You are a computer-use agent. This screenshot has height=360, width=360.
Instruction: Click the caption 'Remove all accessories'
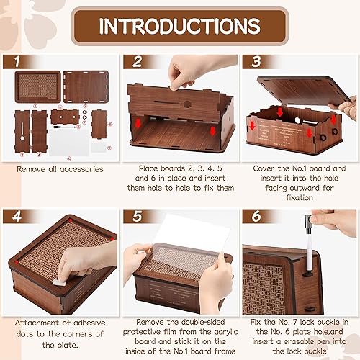(60, 169)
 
